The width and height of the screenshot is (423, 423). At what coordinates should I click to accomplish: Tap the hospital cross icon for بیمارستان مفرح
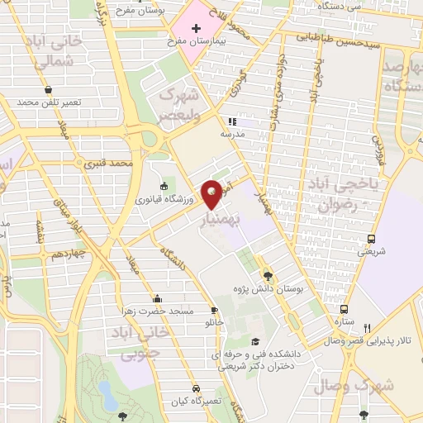coord(196,28)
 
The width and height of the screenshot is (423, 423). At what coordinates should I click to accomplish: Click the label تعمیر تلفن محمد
coord(50,102)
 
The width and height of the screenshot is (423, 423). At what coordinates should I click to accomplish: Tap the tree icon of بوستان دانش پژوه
coord(268,276)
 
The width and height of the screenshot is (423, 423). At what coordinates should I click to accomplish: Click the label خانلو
coord(215,323)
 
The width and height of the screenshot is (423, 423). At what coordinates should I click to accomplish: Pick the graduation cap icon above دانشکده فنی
coord(255,342)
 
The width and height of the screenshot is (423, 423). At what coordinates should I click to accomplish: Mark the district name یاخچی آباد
coord(340,187)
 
